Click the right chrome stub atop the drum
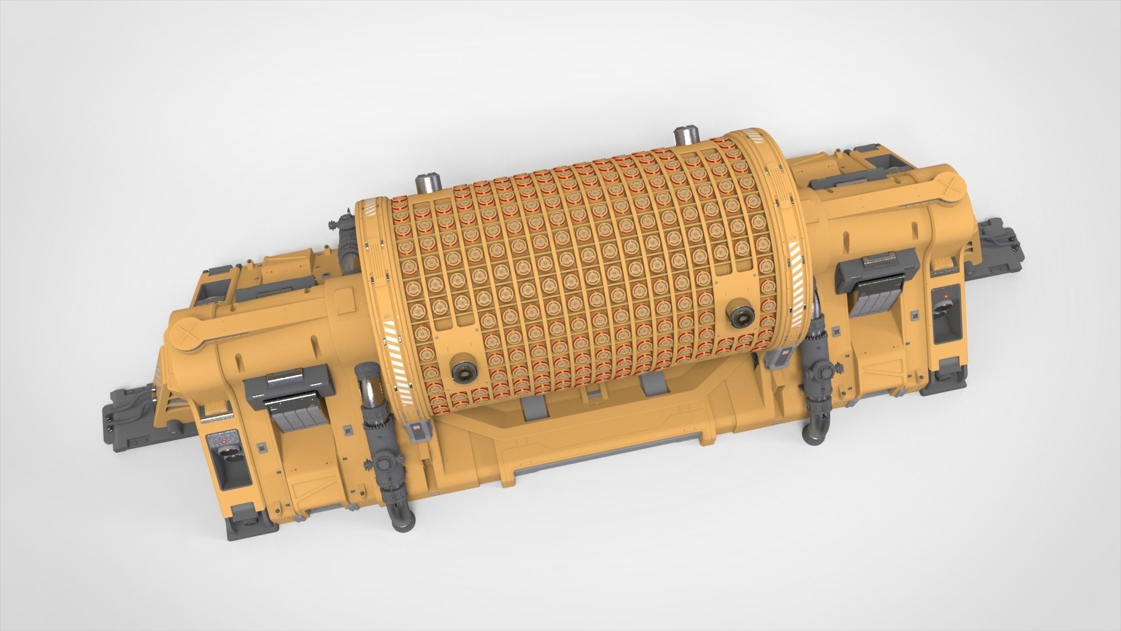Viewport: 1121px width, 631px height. coord(682,139)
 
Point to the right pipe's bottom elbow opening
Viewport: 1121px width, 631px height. coord(813,436)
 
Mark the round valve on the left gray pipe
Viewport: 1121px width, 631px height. coord(384,465)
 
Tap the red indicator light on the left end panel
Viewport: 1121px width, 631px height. coord(225,442)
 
